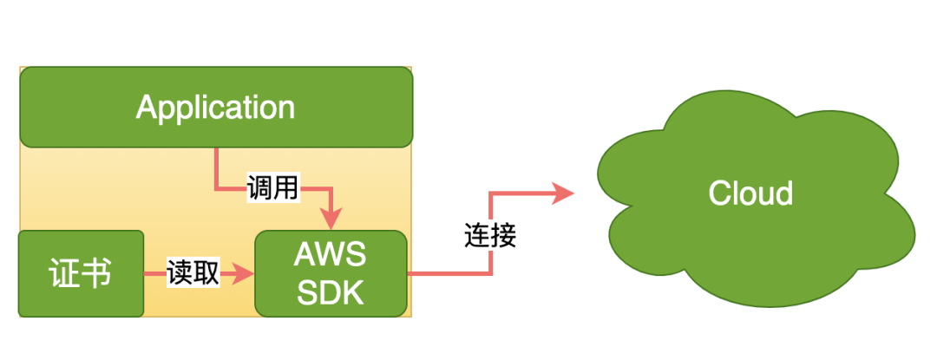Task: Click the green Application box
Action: [x=216, y=107]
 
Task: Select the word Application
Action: [x=215, y=108]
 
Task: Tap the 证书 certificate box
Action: [x=82, y=273]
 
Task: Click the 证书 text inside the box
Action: [x=81, y=275]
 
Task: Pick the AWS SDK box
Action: [x=331, y=273]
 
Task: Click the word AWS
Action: [x=331, y=256]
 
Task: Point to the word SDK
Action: [x=331, y=292]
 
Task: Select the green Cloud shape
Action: [x=756, y=197]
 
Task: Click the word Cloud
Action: [x=750, y=193]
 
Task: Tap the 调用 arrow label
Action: [x=272, y=189]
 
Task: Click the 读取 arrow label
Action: [x=193, y=274]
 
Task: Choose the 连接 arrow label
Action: [x=490, y=237]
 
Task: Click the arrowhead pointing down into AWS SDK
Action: [x=331, y=219]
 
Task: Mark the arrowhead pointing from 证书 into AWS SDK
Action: [x=243, y=274]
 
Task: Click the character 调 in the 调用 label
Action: [x=260, y=189]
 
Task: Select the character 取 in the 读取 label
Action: [x=206, y=274]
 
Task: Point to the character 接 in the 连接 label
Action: [x=503, y=237]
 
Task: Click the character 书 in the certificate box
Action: [x=97, y=275]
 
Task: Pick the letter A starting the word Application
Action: [x=147, y=107]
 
